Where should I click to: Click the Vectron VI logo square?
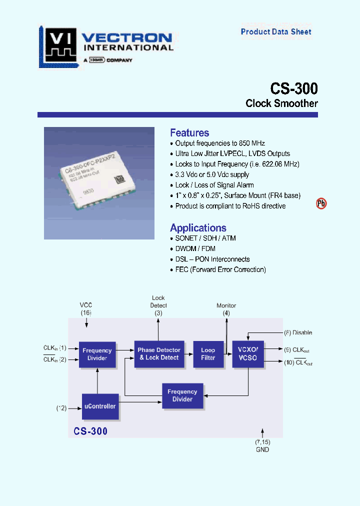point(59,45)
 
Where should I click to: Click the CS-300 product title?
point(293,88)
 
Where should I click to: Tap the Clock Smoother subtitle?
point(281,103)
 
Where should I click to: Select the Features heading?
point(189,132)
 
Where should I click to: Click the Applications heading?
point(198,228)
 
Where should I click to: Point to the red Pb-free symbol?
point(321,203)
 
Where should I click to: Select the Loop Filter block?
point(208,354)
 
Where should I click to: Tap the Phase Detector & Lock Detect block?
point(159,354)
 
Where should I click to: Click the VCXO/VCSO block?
point(248,354)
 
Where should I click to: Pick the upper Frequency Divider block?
point(97,354)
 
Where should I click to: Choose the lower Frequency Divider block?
point(182,395)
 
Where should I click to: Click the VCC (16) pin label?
point(86,309)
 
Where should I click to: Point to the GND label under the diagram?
point(262,449)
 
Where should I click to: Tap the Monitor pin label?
point(226,305)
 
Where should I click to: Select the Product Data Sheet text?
point(276,32)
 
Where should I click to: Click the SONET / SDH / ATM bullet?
point(205,238)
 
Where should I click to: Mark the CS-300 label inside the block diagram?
point(90,430)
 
